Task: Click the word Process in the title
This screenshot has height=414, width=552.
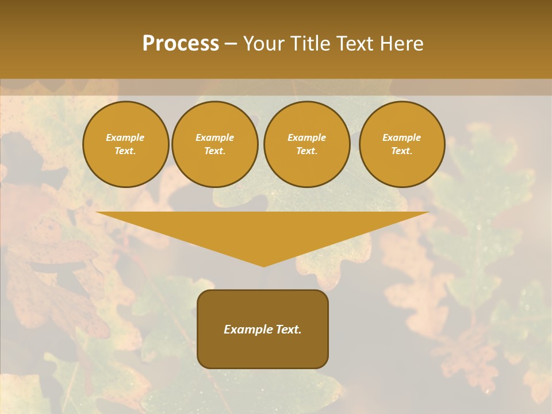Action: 181,44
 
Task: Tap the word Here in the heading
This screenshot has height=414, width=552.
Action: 401,44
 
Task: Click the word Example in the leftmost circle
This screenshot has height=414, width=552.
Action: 125,137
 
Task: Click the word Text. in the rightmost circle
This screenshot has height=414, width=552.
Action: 401,151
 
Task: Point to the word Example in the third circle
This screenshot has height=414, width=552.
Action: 306,137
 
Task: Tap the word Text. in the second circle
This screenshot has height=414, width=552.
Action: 214,151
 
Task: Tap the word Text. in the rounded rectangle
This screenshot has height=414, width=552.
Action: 289,329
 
